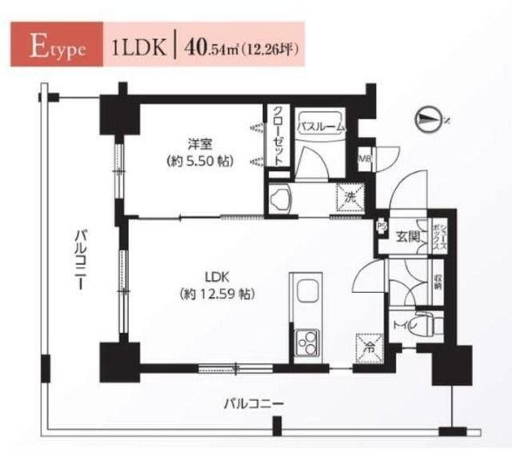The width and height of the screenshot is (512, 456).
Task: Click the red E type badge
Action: (54, 47)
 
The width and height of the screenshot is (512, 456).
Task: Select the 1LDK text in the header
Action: (140, 47)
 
